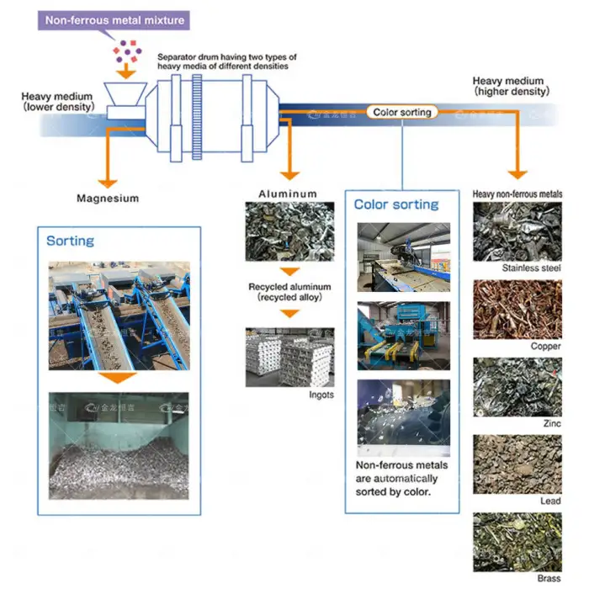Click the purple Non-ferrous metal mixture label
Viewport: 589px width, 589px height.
click(x=114, y=19)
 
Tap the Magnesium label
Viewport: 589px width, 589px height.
click(x=108, y=199)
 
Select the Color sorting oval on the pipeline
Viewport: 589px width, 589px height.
click(x=402, y=112)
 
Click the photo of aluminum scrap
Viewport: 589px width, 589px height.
click(x=289, y=231)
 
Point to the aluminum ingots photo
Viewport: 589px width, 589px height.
click(x=289, y=357)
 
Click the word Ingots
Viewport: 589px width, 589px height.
click(x=321, y=395)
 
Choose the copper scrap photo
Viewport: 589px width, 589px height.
click(x=517, y=309)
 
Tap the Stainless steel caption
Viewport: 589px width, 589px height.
click(x=531, y=268)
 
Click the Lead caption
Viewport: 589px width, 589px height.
click(x=550, y=501)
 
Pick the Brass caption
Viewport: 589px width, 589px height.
click(x=549, y=578)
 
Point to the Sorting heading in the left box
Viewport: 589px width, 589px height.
click(x=71, y=241)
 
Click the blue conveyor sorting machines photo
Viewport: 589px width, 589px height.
click(x=119, y=316)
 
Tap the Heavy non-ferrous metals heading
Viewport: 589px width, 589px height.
click(x=517, y=194)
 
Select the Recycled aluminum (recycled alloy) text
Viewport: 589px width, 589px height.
click(x=289, y=292)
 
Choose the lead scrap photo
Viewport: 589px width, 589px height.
click(x=517, y=464)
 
